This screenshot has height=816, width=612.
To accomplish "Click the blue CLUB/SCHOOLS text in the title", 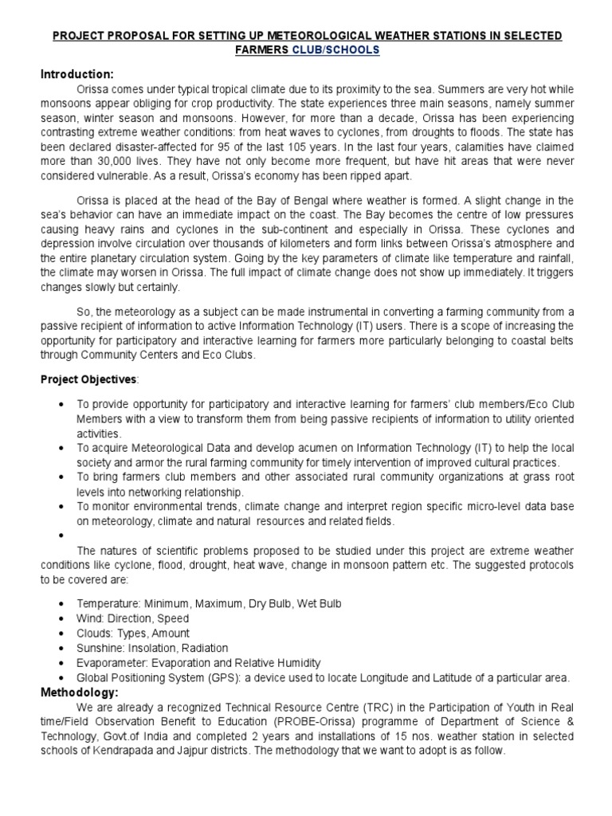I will pyautogui.click(x=340, y=50).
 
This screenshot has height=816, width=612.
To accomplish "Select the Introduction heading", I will pyautogui.click(x=78, y=74).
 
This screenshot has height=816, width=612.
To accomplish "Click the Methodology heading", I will pyautogui.click(x=79, y=692).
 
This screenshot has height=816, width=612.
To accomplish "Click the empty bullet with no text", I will pyautogui.click(x=61, y=537).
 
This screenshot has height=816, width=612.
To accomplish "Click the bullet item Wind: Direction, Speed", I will pyautogui.click(x=133, y=618).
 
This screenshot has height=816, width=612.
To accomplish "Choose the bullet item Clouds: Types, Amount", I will pyautogui.click(x=135, y=634).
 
